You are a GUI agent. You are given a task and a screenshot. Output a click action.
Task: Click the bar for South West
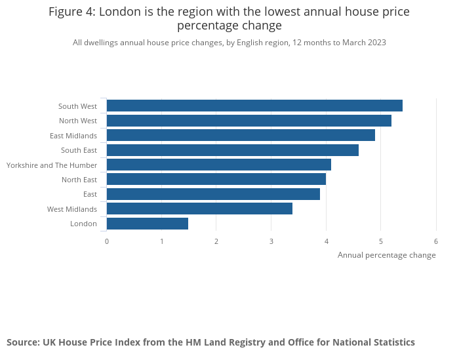point(254,106)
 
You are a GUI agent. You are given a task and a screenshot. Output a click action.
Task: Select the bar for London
point(148,224)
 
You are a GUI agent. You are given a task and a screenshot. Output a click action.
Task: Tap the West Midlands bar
point(199,209)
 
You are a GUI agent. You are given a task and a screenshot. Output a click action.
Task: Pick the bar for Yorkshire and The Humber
point(218,165)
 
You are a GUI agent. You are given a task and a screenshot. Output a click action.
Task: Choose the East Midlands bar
point(241,135)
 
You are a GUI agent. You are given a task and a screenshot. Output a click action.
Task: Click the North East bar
point(216,180)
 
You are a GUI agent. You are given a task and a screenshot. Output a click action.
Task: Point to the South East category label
point(79,150)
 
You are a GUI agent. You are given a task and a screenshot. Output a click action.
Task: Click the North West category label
point(77,121)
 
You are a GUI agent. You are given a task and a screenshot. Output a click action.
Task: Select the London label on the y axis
point(83,224)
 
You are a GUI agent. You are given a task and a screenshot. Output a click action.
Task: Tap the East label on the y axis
point(90,194)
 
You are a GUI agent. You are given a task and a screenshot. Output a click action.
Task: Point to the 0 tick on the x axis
point(107,241)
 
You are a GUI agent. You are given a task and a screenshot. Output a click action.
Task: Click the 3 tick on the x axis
point(271,241)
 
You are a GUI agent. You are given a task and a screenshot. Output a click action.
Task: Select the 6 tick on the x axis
point(436,241)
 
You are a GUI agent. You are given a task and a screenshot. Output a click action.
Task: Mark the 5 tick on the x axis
point(381,241)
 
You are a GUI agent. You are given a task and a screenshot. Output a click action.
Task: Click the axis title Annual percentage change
point(386,255)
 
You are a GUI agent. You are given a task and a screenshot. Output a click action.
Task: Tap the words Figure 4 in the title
point(71,12)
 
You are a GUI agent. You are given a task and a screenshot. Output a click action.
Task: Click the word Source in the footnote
point(22,342)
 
